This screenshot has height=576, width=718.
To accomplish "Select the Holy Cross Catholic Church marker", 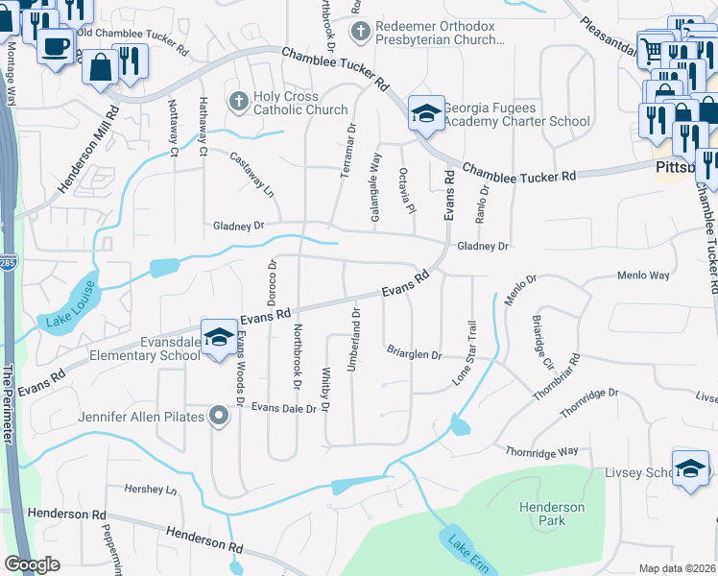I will [238, 100].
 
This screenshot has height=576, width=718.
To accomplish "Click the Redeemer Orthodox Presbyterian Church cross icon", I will [361, 32].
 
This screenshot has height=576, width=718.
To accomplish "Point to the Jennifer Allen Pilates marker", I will [219, 417].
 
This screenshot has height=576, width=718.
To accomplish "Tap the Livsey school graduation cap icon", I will [690, 469].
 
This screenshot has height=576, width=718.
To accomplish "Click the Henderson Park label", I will [551, 514].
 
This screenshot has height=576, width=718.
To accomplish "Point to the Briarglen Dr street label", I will [414, 354].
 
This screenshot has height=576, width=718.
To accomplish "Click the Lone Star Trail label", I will [471, 353].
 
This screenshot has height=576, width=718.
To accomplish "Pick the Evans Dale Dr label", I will [283, 408].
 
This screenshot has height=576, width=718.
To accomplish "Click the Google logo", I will [32, 564].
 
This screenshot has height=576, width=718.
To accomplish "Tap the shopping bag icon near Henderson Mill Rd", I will [100, 67].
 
